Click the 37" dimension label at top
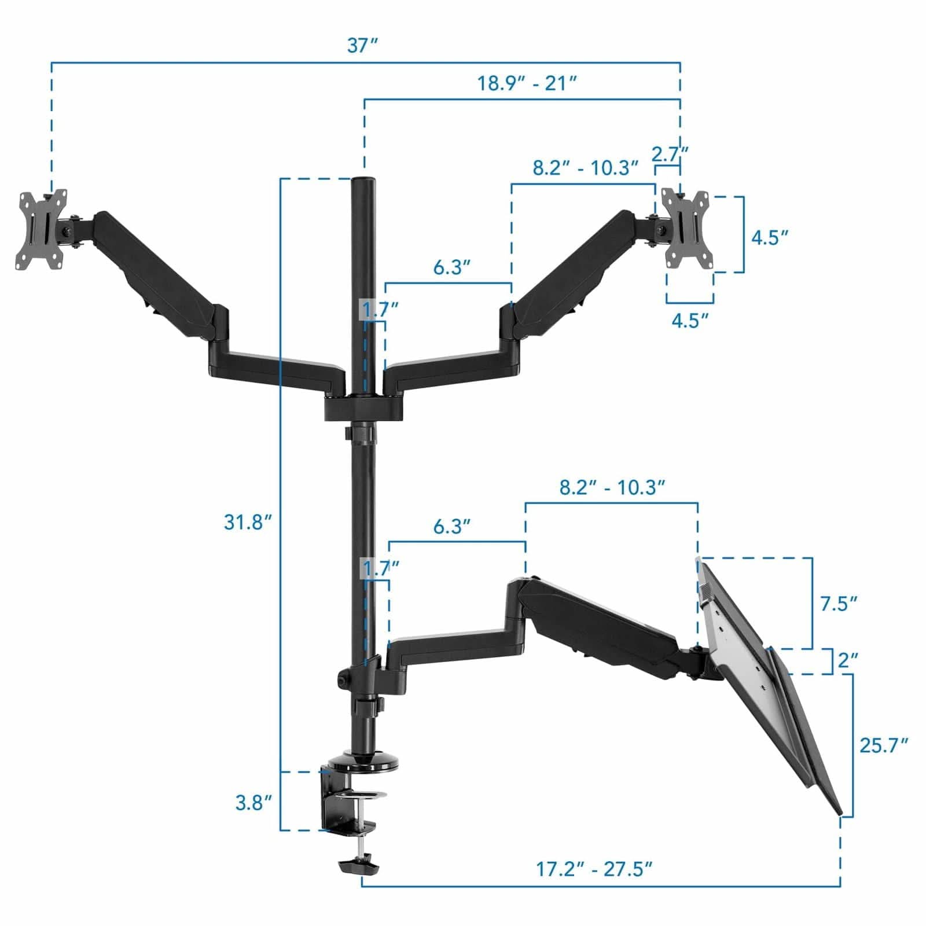(362, 45)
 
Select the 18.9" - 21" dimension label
(527, 83)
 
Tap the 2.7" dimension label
(670, 155)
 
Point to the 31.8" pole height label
(248, 522)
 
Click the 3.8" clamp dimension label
(253, 803)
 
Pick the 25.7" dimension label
(883, 745)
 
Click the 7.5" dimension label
(838, 604)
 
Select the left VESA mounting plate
(41, 230)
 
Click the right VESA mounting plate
(686, 229)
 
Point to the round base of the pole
(363, 762)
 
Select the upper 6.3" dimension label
(451, 267)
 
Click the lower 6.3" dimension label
(451, 527)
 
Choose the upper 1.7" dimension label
(380, 309)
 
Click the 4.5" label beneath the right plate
(690, 320)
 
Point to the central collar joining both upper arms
(363, 405)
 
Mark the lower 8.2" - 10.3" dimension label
(612, 487)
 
